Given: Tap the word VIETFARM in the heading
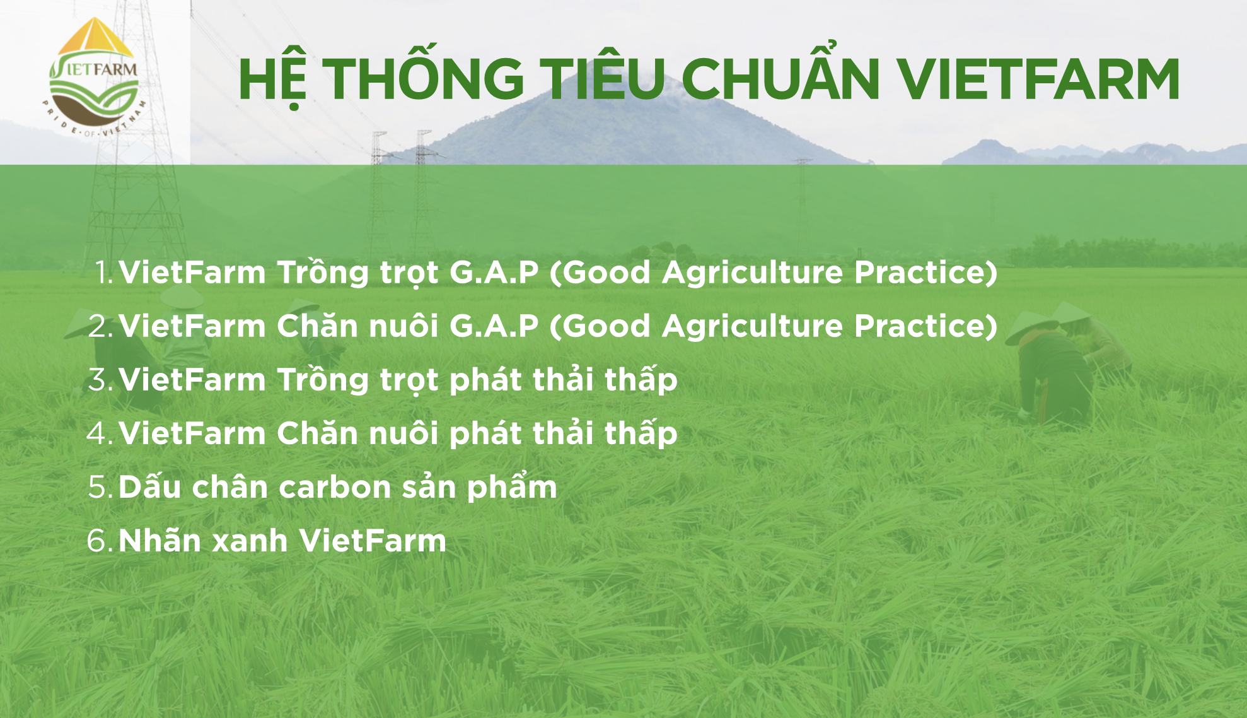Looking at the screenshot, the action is tap(1038, 79).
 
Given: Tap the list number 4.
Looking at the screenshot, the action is tap(100, 433).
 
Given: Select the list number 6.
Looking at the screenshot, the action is tap(100, 541).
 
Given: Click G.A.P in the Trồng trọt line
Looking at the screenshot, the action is tap(494, 273).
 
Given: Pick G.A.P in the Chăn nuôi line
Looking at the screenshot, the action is tap(494, 326).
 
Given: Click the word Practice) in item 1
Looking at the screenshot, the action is tap(925, 273).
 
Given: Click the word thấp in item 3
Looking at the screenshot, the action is tap(641, 379).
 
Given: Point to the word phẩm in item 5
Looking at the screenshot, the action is tap(512, 486).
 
